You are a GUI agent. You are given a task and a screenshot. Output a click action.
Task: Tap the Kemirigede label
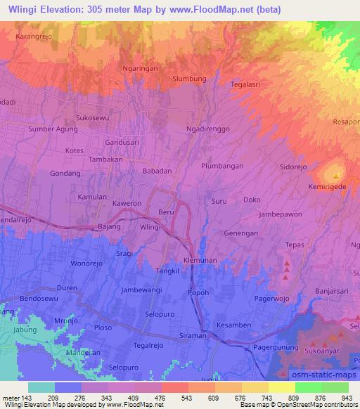coord(328,188)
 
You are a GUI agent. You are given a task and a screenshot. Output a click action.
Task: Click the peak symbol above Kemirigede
coord(336,176)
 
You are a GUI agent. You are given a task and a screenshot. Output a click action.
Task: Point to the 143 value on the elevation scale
coord(27,398)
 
